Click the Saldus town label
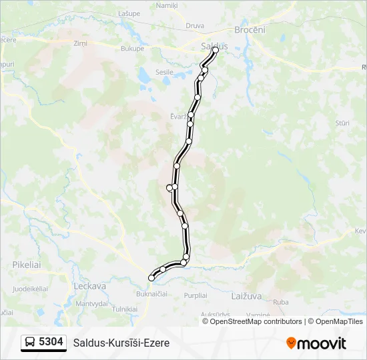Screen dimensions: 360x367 pyautogui.click(x=214, y=46)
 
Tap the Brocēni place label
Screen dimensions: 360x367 pyautogui.click(x=250, y=30)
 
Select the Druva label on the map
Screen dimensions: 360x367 pyautogui.click(x=195, y=25)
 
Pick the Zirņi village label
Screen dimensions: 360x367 pyautogui.click(x=81, y=43)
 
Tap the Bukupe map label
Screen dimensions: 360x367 pyautogui.click(x=133, y=49)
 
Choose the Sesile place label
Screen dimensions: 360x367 pyautogui.click(x=164, y=71)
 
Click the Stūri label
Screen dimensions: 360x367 pyautogui.click(x=343, y=123)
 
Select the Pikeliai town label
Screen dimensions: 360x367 pyautogui.click(x=27, y=265)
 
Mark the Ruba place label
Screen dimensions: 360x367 pyautogui.click(x=281, y=302)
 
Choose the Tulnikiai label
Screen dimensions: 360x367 pyautogui.click(x=125, y=309)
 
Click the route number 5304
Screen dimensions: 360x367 pyautogui.click(x=51, y=342)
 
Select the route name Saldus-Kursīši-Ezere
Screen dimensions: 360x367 pyautogui.click(x=121, y=343)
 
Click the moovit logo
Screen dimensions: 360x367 pyautogui.click(x=316, y=343)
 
